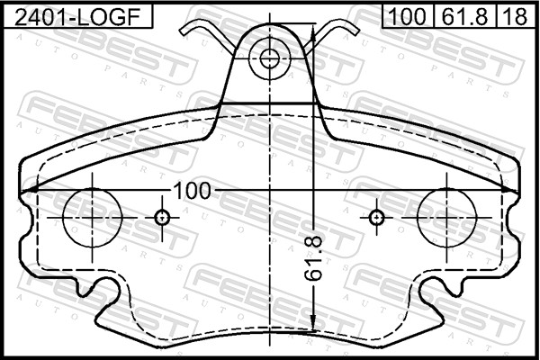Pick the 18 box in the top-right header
tap(514, 14)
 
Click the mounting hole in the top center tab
tap(270, 59)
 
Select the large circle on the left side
tap(91, 218)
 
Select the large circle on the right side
tap(447, 218)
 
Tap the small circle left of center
tap(162, 218)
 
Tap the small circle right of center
tap(377, 218)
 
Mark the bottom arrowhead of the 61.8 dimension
tap(312, 332)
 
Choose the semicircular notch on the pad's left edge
tap(25, 225)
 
